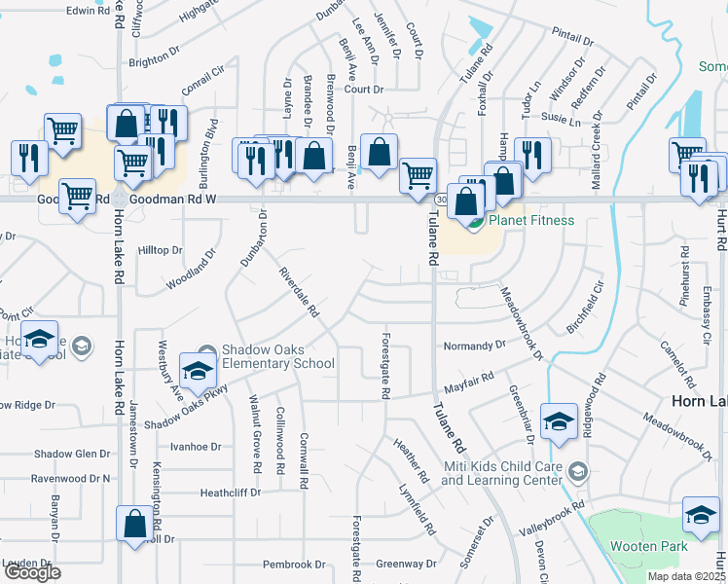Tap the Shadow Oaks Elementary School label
(x=277, y=357)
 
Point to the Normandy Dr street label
(x=474, y=345)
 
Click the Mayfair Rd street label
(x=470, y=379)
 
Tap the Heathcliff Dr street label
(x=231, y=493)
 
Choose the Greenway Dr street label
(x=407, y=564)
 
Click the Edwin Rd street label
(x=88, y=10)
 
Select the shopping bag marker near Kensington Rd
(x=133, y=524)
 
